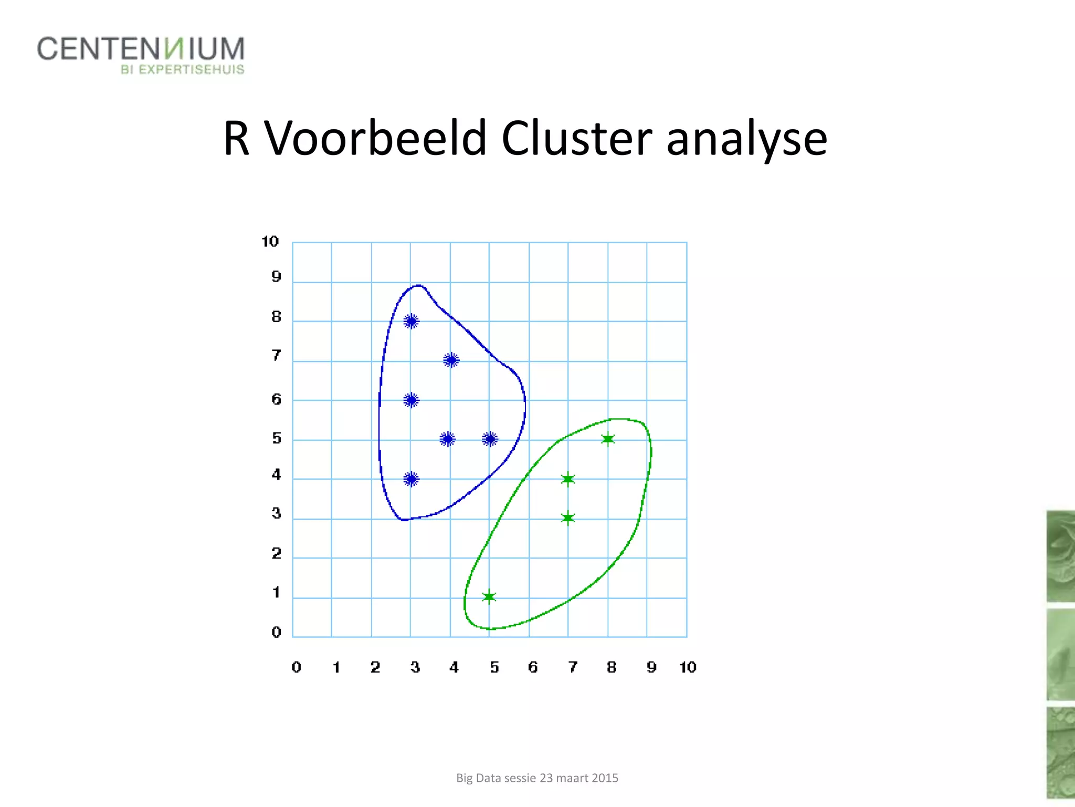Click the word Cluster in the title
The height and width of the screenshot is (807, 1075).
576,138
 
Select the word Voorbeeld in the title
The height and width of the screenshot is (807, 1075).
375,138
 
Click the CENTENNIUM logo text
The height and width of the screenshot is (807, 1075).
141,49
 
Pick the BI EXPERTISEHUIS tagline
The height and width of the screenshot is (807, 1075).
182,70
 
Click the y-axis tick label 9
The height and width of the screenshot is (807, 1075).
276,277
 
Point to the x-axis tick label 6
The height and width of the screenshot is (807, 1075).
533,667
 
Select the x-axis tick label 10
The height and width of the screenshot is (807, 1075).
688,667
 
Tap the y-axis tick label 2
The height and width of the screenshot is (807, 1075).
276,554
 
